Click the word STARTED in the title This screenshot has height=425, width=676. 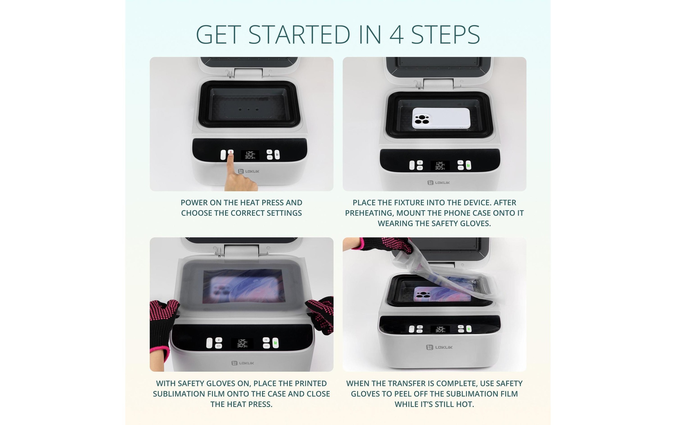299,35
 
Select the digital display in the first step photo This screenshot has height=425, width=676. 250,155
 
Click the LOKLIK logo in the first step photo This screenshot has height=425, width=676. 249,171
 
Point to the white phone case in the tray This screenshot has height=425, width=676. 441,118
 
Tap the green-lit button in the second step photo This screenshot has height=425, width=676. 468,165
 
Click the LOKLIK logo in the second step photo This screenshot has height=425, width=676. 439,183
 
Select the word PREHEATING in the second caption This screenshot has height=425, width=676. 367,213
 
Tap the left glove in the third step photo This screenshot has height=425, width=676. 162,326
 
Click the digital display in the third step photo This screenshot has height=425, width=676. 242,343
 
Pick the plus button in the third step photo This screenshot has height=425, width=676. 266,340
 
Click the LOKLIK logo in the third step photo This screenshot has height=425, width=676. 243,363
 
